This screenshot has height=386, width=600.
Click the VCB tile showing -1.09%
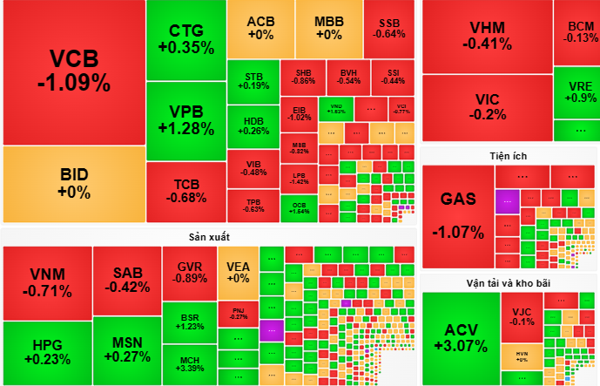73,71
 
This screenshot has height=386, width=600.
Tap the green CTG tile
185,40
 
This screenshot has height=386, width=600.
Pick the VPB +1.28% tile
185,120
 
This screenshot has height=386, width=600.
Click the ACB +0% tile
260,28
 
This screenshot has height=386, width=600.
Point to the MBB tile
328,28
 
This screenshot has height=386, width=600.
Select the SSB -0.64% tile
389,28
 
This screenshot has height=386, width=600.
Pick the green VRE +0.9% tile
576,91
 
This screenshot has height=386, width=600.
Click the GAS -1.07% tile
458,215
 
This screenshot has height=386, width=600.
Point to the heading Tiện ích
508,156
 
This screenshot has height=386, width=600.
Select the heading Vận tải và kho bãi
508,284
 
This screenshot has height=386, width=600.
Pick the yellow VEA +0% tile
238,272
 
